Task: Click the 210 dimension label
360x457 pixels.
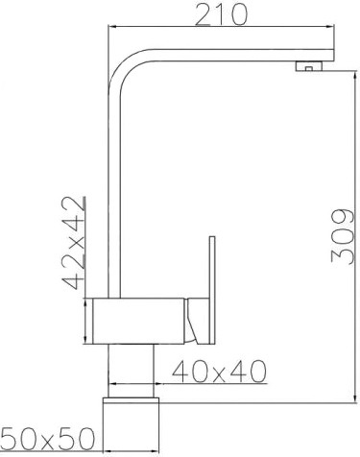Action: [x=222, y=14]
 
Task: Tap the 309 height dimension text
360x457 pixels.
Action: [x=343, y=236]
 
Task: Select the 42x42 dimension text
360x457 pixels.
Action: [x=74, y=243]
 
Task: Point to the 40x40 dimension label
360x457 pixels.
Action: [x=219, y=372]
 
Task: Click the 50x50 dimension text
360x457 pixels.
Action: [x=48, y=439]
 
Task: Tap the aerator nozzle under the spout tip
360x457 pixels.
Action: [x=309, y=66]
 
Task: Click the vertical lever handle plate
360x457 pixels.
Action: [x=212, y=290]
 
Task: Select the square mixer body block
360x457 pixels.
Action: [x=138, y=321]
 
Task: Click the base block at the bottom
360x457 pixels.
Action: [x=131, y=425]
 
